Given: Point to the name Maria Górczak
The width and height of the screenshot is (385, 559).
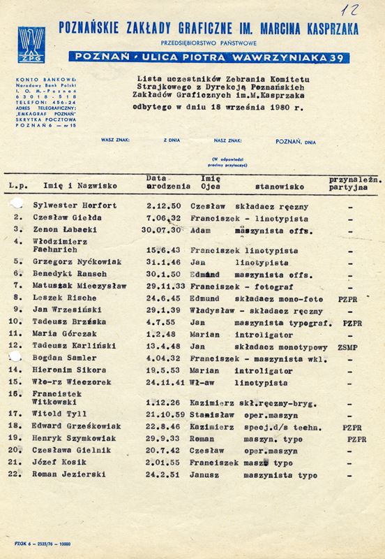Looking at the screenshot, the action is [60, 335].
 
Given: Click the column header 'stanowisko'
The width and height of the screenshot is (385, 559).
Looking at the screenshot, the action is [275, 187].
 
